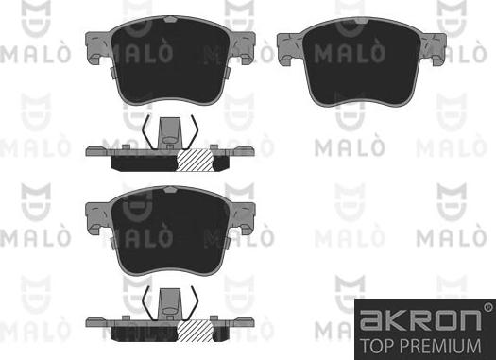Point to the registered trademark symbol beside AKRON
click(x=487, y=306)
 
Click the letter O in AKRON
click(x=439, y=317)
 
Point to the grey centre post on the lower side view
click(x=171, y=300)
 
